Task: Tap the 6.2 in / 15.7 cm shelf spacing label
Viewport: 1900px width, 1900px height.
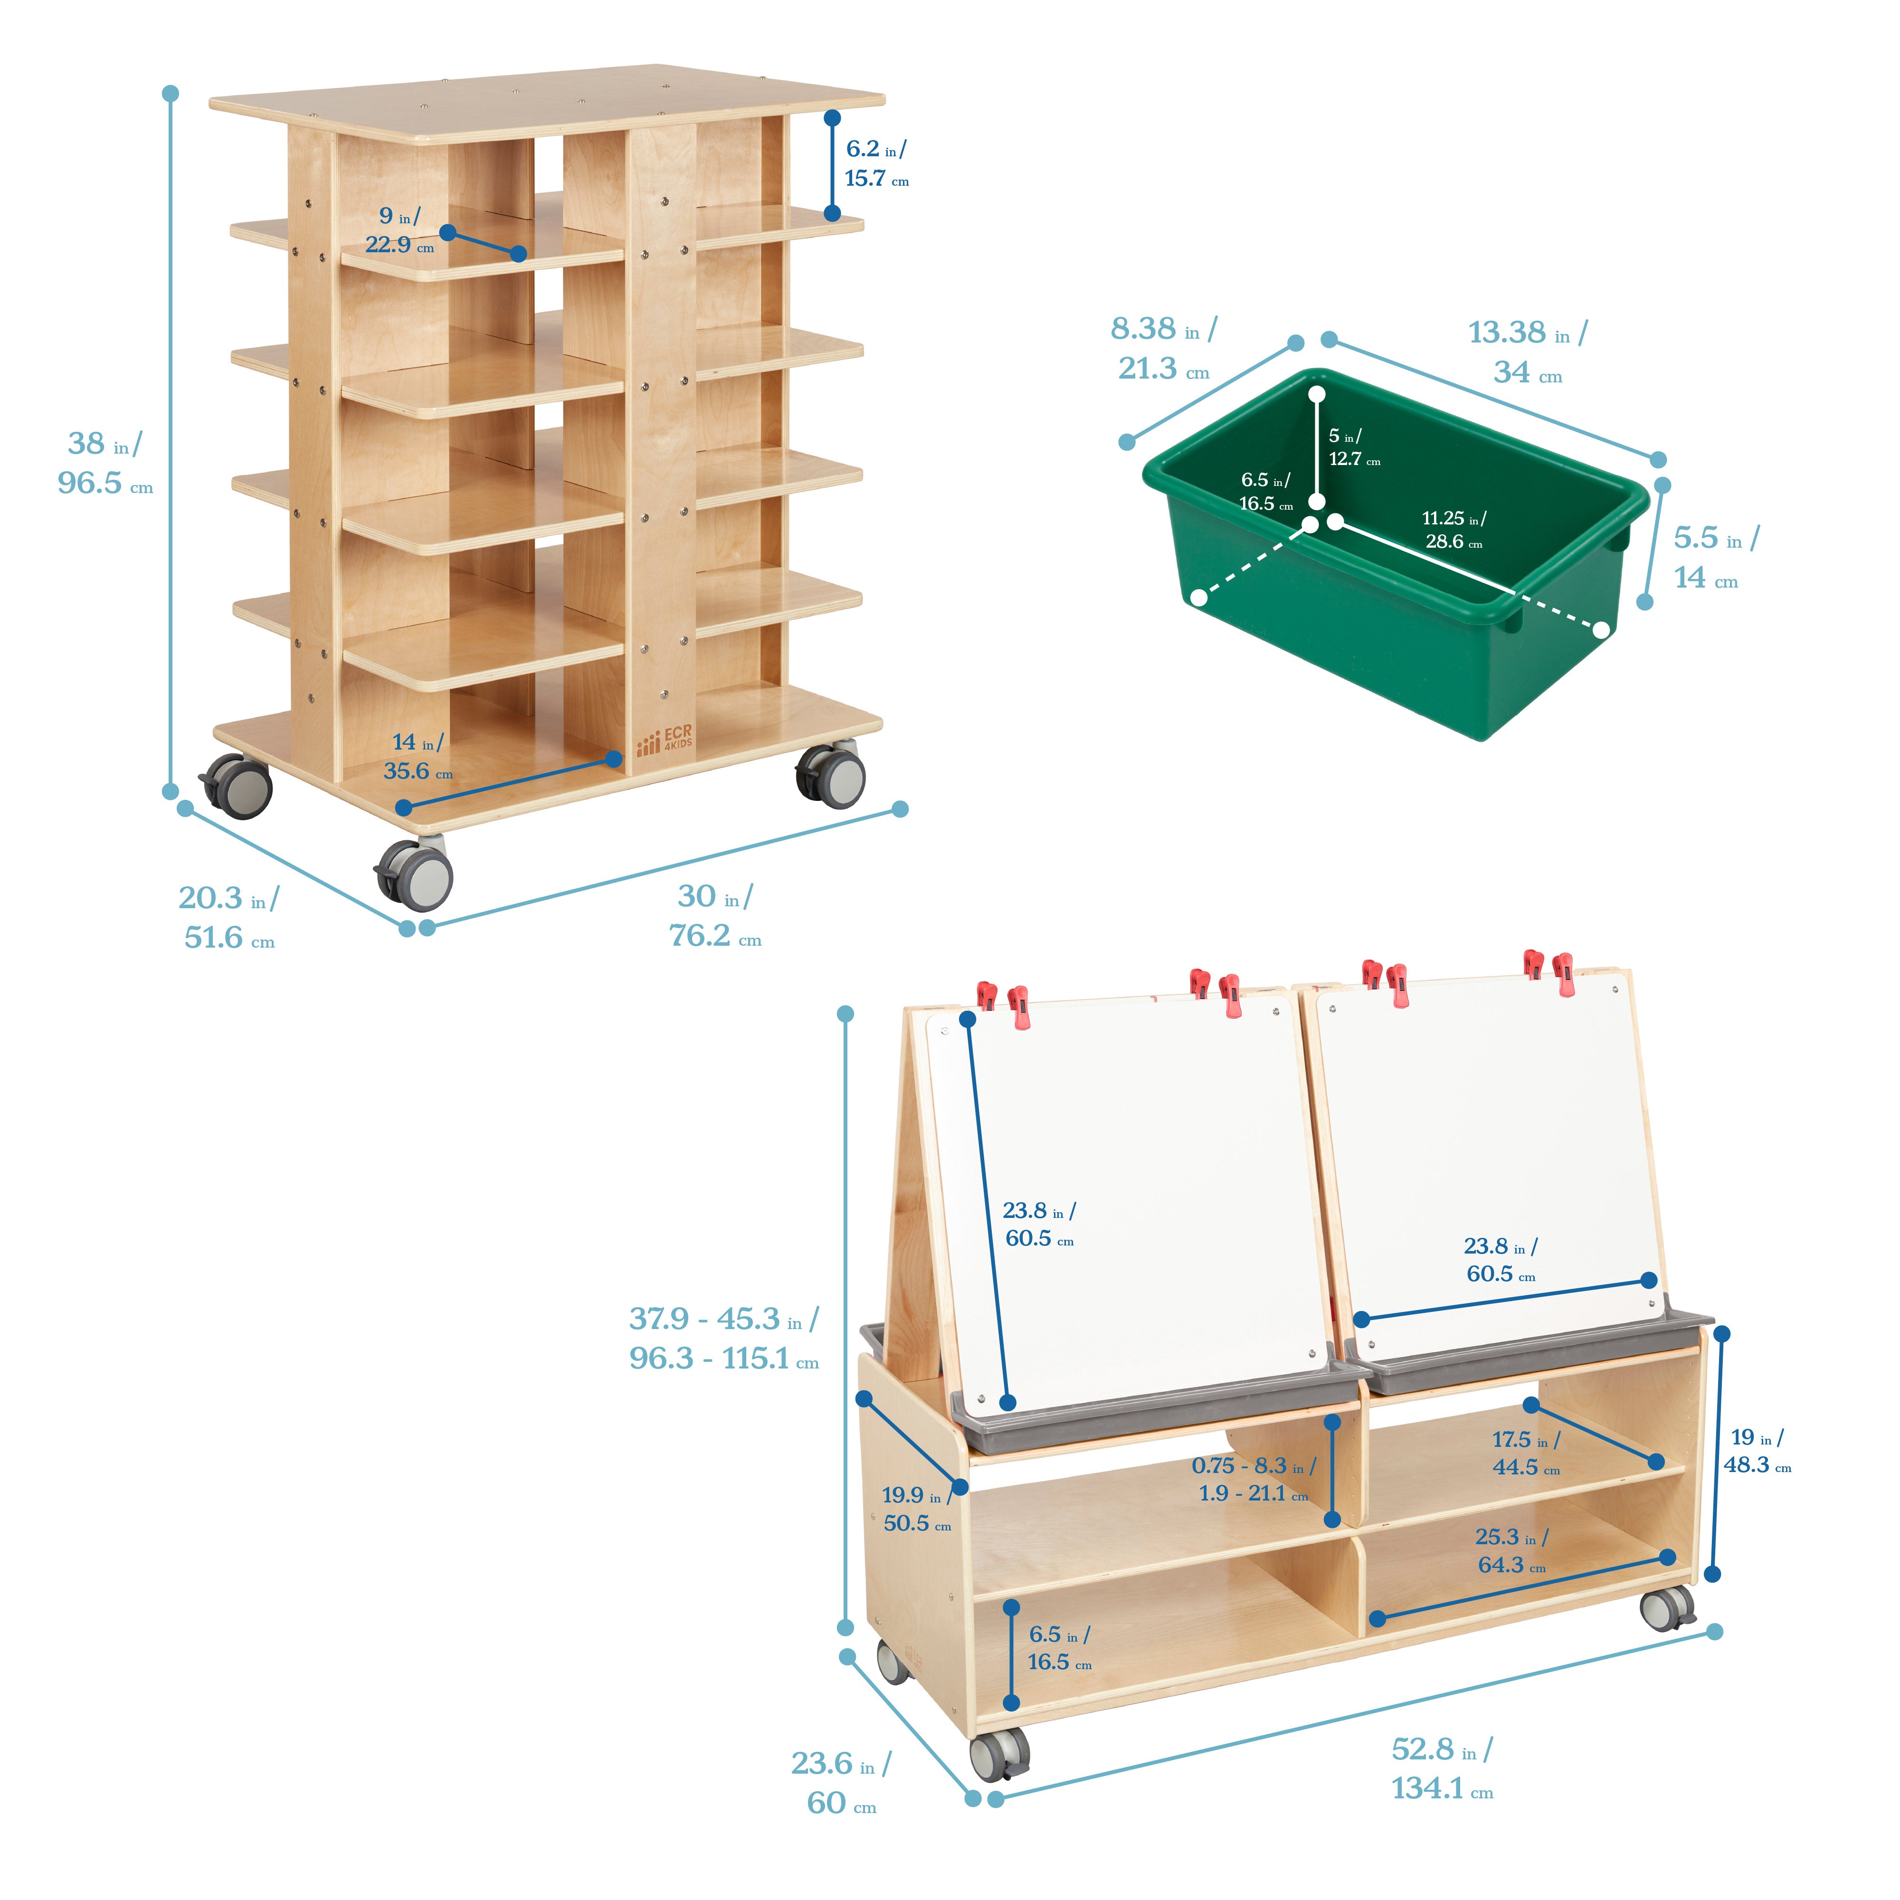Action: [x=876, y=163]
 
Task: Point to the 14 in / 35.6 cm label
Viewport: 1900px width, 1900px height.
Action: [x=418, y=756]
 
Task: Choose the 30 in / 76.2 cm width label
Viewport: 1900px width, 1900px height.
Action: [x=715, y=914]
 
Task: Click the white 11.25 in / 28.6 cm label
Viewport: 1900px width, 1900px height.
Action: [x=1453, y=529]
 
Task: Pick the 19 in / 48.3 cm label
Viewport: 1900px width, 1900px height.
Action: [x=1757, y=1451]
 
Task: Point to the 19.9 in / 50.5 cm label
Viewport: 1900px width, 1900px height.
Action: [x=917, y=1509]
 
